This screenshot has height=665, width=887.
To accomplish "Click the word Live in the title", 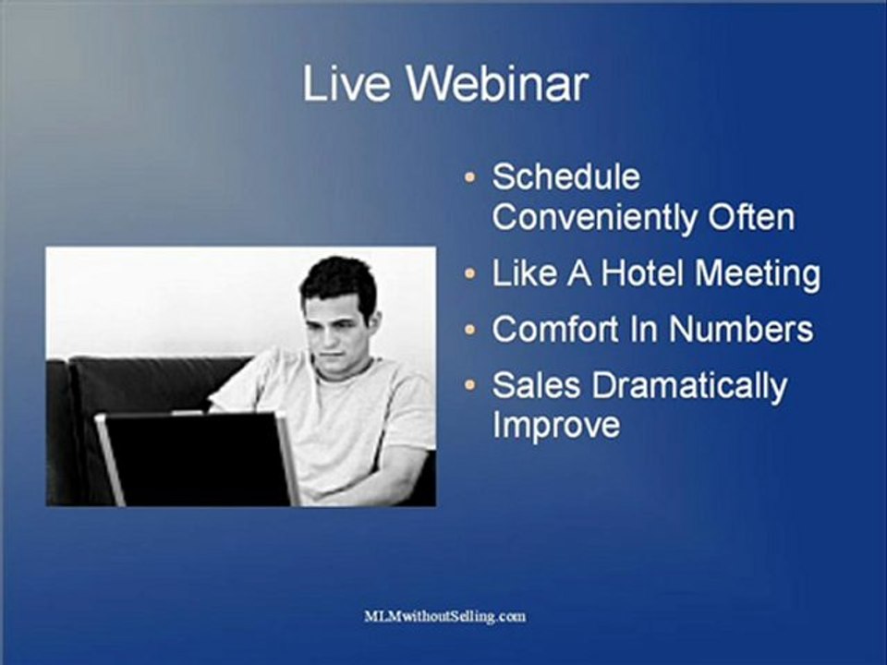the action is click(x=346, y=84).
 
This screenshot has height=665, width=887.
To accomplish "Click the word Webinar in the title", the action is click(x=498, y=84).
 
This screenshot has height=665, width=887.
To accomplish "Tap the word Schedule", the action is click(x=565, y=177).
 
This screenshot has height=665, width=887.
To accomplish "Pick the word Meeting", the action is click(x=757, y=274).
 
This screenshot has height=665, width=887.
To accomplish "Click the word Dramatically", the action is click(x=689, y=387).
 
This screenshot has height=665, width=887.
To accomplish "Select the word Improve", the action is click(x=556, y=425).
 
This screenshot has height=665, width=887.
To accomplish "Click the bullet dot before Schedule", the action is click(x=469, y=177).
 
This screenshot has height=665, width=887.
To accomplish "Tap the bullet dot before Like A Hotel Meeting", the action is click(x=469, y=273).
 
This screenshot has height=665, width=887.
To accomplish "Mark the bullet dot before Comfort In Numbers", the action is click(x=469, y=329).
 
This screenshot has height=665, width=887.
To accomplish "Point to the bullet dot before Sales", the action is click(x=469, y=386).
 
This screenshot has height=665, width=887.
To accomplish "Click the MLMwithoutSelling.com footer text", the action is click(x=444, y=616).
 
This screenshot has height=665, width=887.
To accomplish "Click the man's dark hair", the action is click(x=339, y=280).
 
